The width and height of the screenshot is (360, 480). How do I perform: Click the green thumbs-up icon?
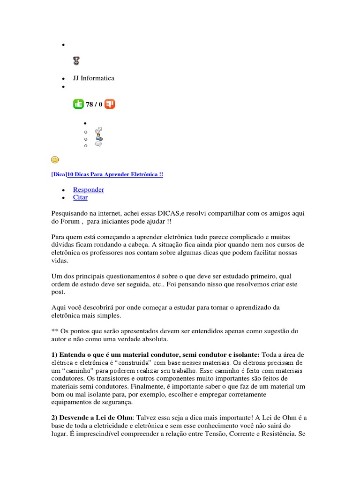click(x=78, y=104)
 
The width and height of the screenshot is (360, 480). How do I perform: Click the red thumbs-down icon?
click(x=110, y=104)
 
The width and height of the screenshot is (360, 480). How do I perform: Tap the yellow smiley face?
click(x=55, y=160)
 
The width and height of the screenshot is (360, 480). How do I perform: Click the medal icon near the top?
click(x=76, y=60)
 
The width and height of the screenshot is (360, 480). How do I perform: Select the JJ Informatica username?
click(x=94, y=78)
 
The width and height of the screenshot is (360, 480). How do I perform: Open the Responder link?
click(x=89, y=189)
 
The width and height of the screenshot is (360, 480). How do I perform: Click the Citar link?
click(x=80, y=197)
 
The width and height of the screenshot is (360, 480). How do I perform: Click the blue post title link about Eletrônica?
click(x=115, y=174)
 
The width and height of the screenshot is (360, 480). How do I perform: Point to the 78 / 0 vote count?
click(x=94, y=105)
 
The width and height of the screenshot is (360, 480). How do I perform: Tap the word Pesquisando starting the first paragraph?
click(x=72, y=213)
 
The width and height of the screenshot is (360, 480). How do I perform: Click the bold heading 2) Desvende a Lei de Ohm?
click(x=92, y=417)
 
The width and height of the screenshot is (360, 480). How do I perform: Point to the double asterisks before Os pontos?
click(x=54, y=331)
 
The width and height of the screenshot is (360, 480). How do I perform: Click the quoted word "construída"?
click(x=146, y=363)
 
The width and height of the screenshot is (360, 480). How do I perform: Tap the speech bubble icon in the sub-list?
click(x=98, y=145)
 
